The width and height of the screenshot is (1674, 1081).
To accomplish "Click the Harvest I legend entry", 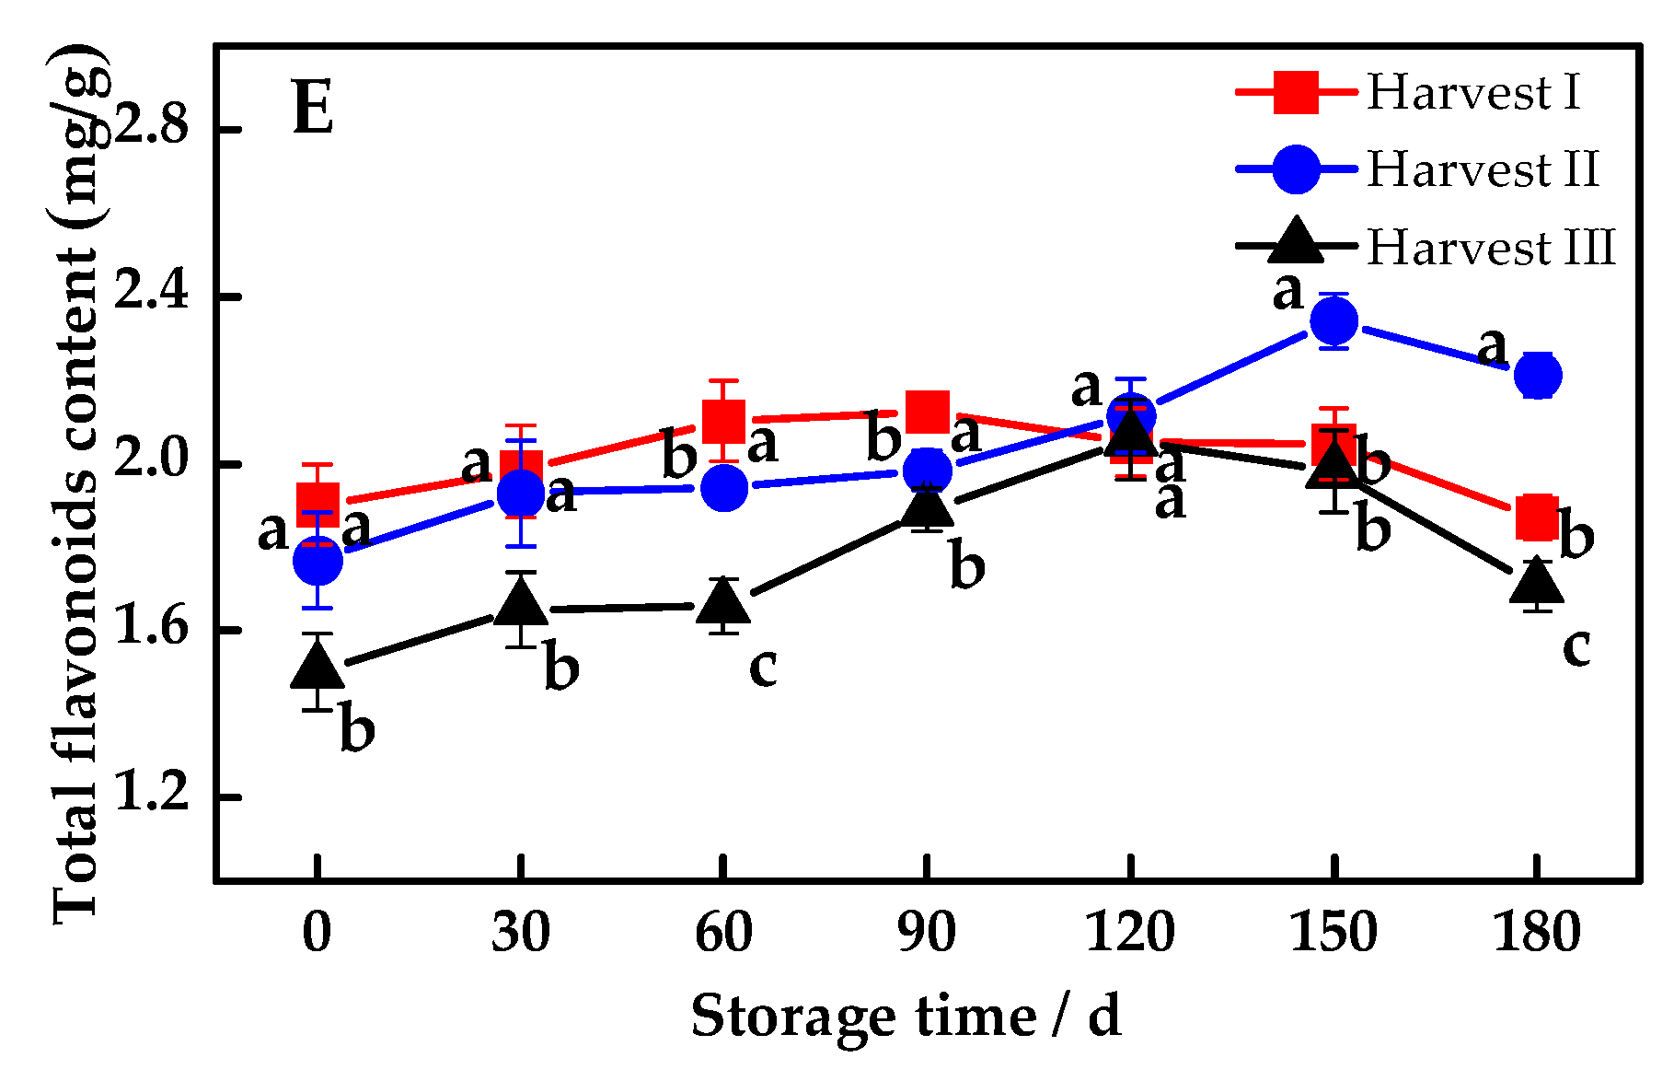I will point(1472,93).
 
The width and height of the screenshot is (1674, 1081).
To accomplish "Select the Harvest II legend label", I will point(1482,170).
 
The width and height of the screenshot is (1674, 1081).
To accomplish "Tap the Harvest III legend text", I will point(1491,248).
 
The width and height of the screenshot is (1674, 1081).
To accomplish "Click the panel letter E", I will point(312,109).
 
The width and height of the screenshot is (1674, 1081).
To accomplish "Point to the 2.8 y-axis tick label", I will point(151,128).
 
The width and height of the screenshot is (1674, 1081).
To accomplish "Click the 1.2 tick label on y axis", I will point(151,796).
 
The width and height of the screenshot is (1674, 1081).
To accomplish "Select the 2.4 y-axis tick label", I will point(151,296).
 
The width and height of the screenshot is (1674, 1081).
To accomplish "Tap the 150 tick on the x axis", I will point(1333,932).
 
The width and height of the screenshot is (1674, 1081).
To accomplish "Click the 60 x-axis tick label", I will point(723,932).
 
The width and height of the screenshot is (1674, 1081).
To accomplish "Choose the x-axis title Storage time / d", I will point(906,1017).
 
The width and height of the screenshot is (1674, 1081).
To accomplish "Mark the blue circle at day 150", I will point(1333,320).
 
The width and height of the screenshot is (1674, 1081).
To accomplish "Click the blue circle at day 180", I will point(1537,375).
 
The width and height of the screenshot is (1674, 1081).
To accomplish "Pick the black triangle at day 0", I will point(317,667).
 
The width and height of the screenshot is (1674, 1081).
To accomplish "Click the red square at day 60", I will point(723,420).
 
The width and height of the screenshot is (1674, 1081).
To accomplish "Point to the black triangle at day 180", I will point(1537,583).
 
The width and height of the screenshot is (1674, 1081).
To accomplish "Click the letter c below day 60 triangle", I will point(763,666).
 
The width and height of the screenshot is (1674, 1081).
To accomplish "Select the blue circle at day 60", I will point(723,487).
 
